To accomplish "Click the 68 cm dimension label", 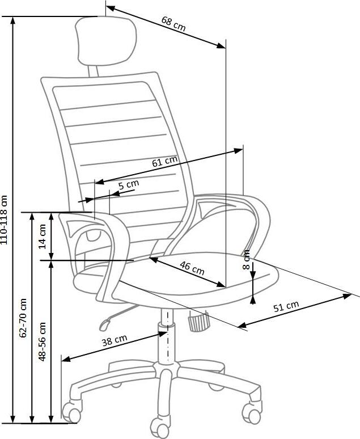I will (173, 24).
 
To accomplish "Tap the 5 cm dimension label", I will (128, 184).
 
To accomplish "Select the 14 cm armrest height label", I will (41, 234).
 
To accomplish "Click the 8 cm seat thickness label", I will (247, 260).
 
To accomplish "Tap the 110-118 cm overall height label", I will (5, 220).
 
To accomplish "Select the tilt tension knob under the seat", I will (196, 323).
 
